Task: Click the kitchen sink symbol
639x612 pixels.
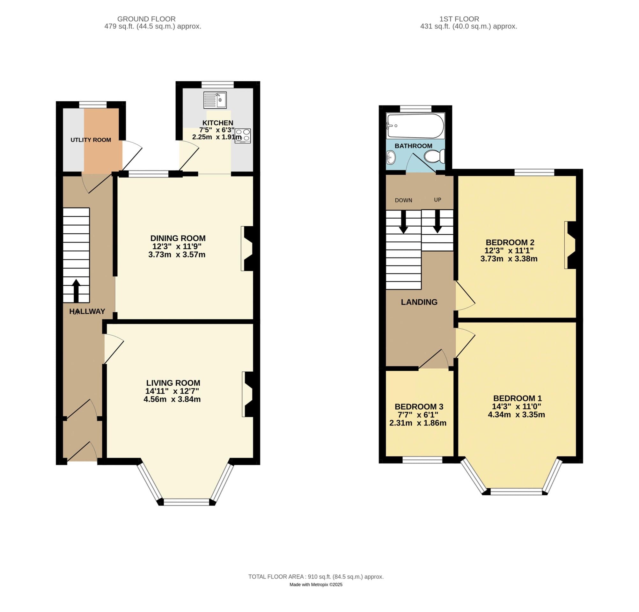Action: [x=215, y=100]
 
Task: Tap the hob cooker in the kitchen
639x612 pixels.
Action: [x=243, y=136]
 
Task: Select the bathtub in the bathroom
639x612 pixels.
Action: [x=415, y=126]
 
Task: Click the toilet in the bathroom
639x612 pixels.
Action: [x=435, y=157]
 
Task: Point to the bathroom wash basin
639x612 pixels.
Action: [x=391, y=158]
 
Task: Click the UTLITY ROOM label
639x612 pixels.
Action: [x=91, y=140]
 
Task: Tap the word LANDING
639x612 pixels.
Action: [x=419, y=302]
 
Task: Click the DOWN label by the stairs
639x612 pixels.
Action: [x=403, y=200]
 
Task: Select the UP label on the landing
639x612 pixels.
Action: [x=437, y=200]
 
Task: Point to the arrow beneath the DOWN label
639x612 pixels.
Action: [x=403, y=222]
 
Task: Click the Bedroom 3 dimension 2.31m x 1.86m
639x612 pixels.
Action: [x=418, y=423]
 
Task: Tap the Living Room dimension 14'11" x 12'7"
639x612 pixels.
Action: [x=172, y=391]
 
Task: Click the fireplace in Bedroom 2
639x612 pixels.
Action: [x=570, y=245]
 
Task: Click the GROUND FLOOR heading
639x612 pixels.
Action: [x=146, y=19]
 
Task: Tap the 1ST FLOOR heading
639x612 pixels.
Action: [x=459, y=19]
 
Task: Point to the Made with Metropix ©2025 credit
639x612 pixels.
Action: [x=316, y=585]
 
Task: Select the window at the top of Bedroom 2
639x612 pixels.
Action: [x=534, y=172]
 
